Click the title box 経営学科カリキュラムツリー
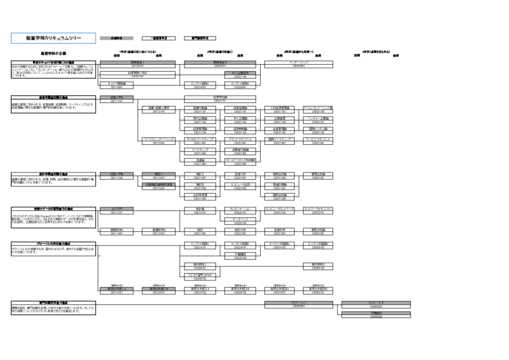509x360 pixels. [46, 38]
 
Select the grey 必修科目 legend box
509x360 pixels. [117, 38]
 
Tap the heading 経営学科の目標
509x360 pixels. [53, 53]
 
